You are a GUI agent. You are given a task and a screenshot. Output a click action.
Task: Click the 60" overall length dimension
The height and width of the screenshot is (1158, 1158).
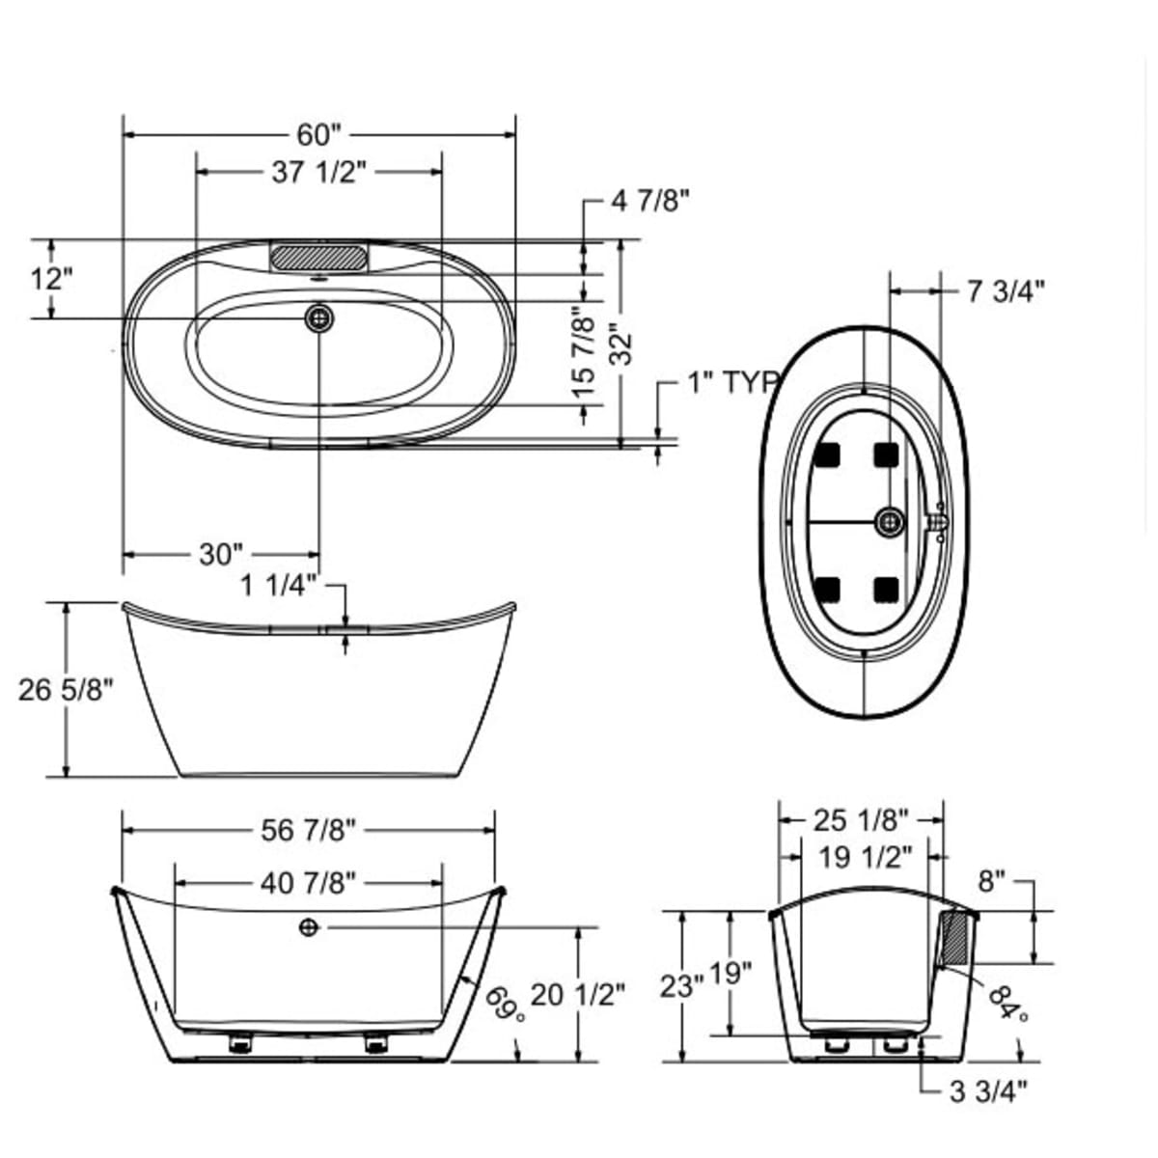(x=319, y=135)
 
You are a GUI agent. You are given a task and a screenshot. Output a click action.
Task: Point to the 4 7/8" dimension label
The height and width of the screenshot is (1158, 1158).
(x=650, y=201)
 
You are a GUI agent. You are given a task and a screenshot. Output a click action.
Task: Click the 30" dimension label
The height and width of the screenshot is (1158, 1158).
(x=221, y=554)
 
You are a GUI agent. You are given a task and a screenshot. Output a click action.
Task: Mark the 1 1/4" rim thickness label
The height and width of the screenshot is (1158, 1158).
(x=279, y=585)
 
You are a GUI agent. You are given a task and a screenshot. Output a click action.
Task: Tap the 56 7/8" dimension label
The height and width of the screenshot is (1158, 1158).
(x=309, y=829)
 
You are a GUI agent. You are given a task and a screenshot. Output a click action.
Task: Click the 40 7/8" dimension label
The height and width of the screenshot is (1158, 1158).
(x=309, y=881)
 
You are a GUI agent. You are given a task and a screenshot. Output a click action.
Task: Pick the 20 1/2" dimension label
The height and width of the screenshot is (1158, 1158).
(x=578, y=994)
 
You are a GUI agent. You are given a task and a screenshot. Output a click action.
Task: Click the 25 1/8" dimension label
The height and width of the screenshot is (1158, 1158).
(x=861, y=820)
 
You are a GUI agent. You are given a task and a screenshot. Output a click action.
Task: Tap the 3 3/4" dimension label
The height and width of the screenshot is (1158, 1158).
(x=988, y=1091)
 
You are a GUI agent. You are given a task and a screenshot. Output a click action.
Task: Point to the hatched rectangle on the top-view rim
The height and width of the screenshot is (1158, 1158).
(x=318, y=257)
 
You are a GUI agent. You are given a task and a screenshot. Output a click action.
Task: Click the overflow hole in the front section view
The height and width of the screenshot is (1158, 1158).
(x=309, y=927)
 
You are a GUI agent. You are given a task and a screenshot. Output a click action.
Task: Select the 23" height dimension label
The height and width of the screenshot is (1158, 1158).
(x=681, y=986)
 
